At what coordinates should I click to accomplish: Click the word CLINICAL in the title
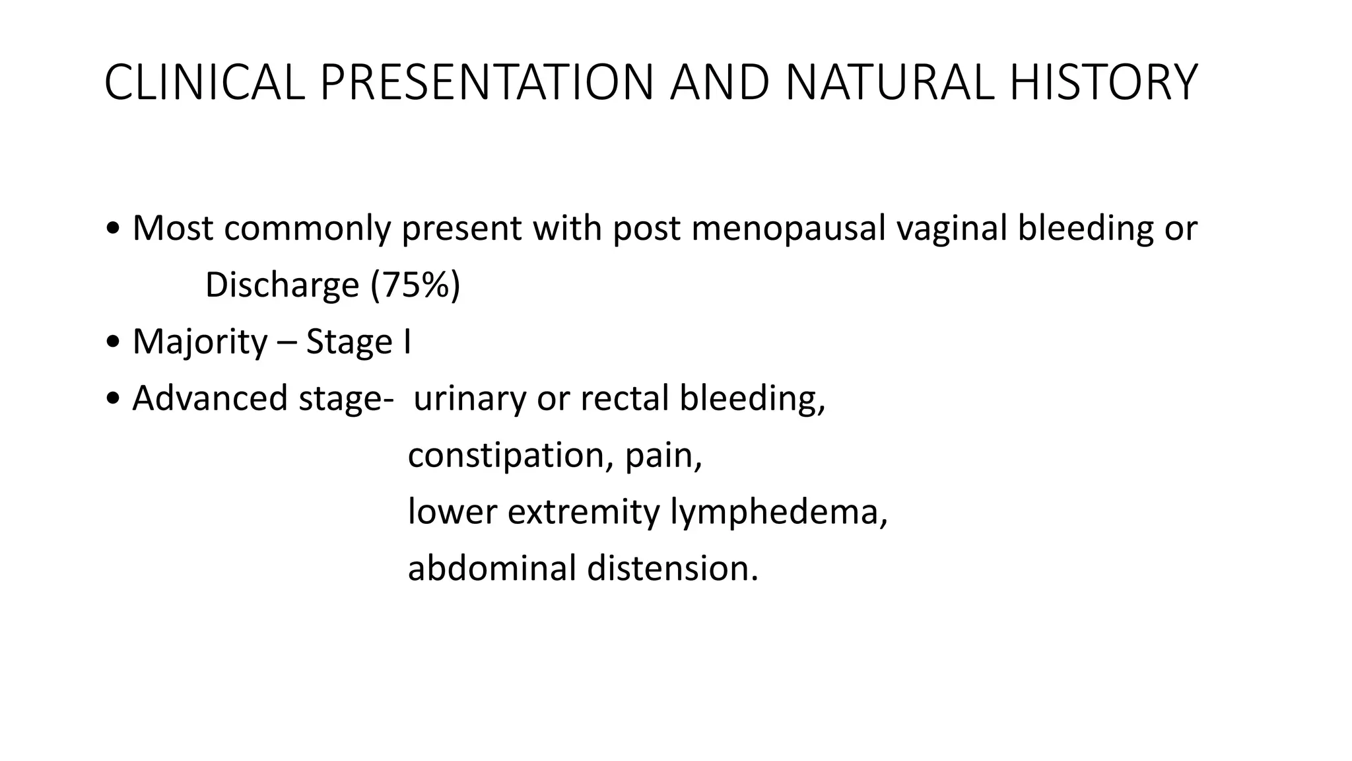pos(204,83)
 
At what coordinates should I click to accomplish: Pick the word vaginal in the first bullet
pos(951,229)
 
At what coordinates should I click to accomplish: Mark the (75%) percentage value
pos(415,285)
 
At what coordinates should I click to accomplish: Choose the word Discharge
pos(282,285)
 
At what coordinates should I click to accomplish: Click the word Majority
pos(200,342)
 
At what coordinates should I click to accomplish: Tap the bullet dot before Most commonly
pos(113,229)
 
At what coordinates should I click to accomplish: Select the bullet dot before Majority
pos(113,343)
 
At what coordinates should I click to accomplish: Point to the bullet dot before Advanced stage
pos(113,400)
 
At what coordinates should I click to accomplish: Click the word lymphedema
pos(779,513)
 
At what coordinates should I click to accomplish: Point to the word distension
pos(672,569)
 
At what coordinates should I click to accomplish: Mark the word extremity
pos(583,513)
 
